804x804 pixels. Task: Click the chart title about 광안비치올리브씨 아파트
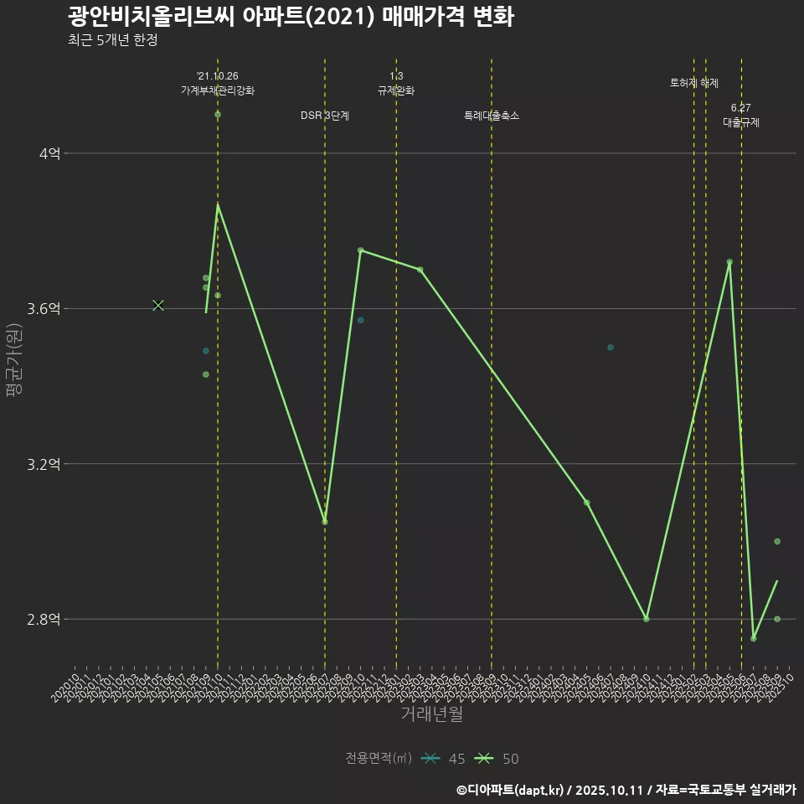290,16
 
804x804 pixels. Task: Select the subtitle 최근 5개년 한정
112,40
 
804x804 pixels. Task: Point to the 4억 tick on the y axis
49,154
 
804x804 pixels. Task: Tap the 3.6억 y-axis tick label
44,309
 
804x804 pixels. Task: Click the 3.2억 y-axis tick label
44,464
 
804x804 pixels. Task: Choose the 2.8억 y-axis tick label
44,620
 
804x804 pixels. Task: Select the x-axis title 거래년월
431,714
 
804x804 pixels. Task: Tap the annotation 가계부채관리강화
218,90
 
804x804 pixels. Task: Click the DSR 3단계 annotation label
325,116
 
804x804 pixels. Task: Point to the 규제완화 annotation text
396,90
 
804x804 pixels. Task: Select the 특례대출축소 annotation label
492,116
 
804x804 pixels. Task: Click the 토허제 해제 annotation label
694,83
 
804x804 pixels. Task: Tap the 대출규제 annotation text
741,122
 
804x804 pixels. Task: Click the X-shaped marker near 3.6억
158,306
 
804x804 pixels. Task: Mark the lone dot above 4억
218,114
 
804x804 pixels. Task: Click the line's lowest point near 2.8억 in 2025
754,638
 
